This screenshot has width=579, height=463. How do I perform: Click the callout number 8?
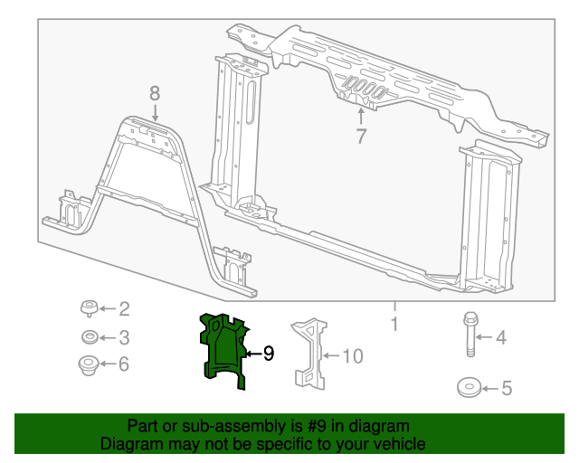pos(155,92)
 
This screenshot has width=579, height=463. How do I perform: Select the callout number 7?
pos(361,137)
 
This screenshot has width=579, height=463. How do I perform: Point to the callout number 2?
pos(124,309)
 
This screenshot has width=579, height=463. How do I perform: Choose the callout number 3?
pos(124,338)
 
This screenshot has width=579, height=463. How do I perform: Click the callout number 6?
pos(124,364)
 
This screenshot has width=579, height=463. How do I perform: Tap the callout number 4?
pos(499,338)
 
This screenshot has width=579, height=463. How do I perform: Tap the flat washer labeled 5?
pos(469,388)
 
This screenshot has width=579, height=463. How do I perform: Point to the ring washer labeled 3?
pos(90,338)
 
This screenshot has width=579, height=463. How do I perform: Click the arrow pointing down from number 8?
pos(155,112)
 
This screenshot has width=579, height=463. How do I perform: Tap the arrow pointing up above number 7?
pos(361,116)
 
